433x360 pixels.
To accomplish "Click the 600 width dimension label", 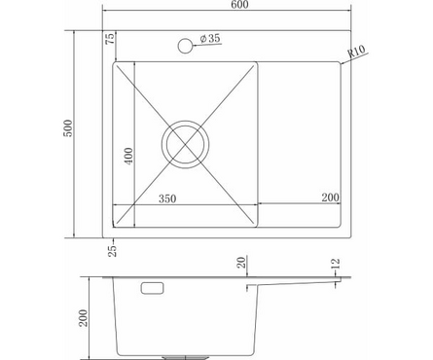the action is coord(240,4).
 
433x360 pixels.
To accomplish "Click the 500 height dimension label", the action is coord(68,128).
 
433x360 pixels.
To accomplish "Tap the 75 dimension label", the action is coord(110,38).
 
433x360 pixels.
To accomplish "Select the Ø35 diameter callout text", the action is coord(210,39).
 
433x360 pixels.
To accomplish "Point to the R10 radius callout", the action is coord(356,52).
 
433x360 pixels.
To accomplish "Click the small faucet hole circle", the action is coord(185,46).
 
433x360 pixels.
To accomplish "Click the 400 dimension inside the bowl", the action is coord(128,156).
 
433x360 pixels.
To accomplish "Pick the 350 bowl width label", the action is coord(167,198).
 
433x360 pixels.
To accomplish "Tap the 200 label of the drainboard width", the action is coord(330,198).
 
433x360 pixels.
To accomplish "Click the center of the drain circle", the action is coord(185,144).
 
